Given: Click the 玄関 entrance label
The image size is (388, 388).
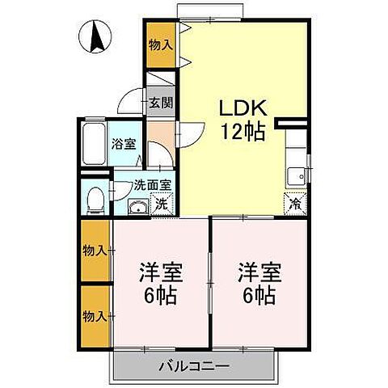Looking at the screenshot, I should click(x=159, y=102).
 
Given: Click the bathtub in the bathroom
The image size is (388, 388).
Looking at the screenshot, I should click(x=94, y=145).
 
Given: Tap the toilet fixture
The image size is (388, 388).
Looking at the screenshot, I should click(x=95, y=196).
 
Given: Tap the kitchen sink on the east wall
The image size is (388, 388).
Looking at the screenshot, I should click(x=297, y=174).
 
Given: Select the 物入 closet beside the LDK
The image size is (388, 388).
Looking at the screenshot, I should click(x=160, y=45).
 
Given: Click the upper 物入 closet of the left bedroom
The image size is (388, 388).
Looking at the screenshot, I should click(x=95, y=251).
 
